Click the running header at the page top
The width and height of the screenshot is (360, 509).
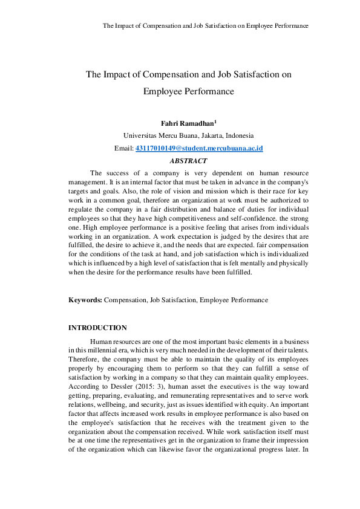tap(206, 26)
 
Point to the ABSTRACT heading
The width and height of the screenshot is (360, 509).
tap(188, 161)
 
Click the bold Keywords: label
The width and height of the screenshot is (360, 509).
tap(85, 300)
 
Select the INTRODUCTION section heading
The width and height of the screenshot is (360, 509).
tap(97, 328)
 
